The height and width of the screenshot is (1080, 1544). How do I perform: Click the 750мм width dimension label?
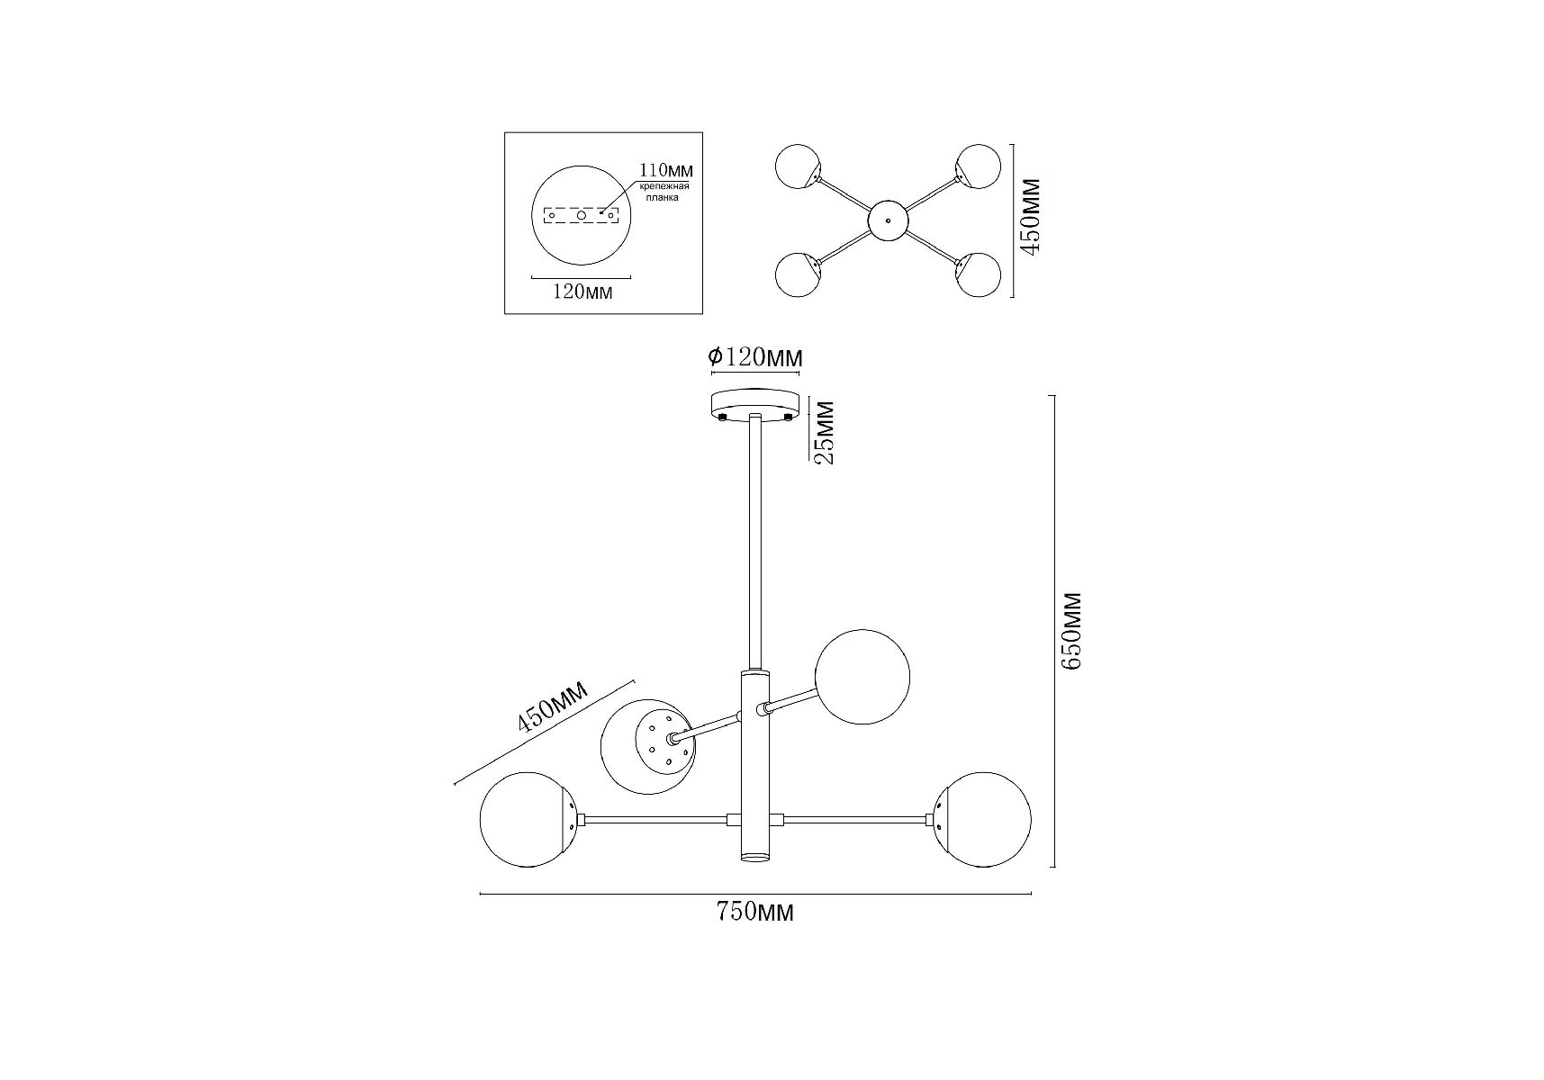[755, 913]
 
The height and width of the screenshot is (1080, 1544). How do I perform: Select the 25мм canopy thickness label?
[824, 432]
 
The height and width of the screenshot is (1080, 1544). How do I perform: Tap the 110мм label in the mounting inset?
[666, 170]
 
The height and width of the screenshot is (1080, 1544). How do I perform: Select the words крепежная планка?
[664, 192]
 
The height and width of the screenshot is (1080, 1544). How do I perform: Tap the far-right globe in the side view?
[983, 820]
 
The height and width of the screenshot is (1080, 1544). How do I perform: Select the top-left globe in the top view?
[798, 166]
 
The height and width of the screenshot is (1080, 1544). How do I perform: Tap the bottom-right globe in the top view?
[979, 274]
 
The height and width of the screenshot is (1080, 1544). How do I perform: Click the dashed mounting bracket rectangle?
[582, 216]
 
